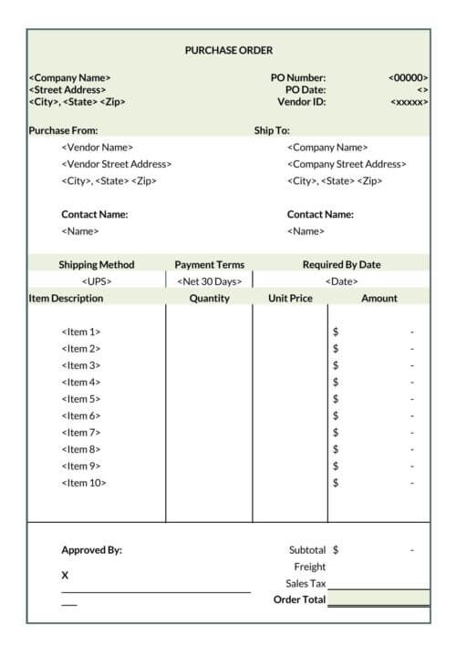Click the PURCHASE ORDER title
click(229, 50)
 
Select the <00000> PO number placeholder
click(408, 78)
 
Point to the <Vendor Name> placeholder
click(97, 148)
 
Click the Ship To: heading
click(272, 130)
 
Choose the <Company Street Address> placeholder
click(347, 164)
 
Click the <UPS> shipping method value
click(97, 281)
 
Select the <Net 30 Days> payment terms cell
click(209, 281)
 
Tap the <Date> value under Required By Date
click(341, 281)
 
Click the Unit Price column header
click(290, 298)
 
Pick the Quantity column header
click(209, 298)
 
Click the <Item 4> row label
click(81, 383)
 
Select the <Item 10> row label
click(84, 483)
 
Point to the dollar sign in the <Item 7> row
click(336, 433)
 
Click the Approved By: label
click(91, 550)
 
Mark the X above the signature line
click(65, 576)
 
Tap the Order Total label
click(299, 599)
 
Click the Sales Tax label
click(306, 584)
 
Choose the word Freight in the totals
click(309, 567)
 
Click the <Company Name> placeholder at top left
click(70, 78)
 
